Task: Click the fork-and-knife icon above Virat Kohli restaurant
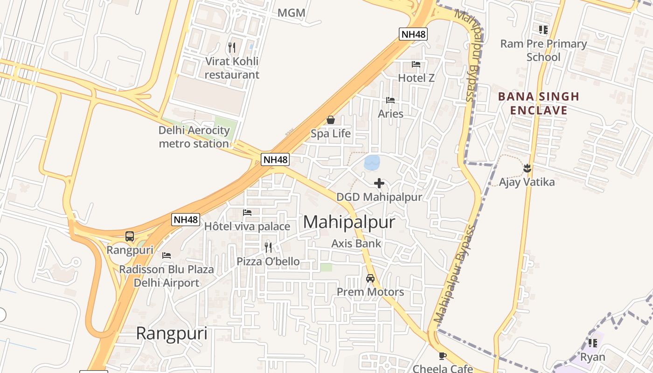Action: tap(232, 47)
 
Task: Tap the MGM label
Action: tap(292, 13)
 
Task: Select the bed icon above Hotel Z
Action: tap(416, 64)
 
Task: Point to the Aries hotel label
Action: tap(390, 113)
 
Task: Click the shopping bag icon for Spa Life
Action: tap(331, 120)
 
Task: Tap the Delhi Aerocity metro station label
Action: tap(194, 137)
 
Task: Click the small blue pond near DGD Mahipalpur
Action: tap(372, 163)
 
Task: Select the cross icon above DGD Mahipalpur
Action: tap(379, 183)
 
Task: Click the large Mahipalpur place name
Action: tap(349, 222)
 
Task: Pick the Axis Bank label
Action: tap(356, 243)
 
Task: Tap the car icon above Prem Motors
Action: tap(370, 278)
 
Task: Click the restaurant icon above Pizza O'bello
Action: tap(268, 247)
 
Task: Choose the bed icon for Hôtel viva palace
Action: tap(247, 213)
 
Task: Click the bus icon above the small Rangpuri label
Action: tap(130, 236)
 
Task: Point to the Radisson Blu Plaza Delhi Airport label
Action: tap(167, 276)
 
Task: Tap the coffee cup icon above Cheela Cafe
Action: tap(443, 356)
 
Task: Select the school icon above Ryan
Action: tap(593, 343)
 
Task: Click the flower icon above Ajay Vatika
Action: tap(527, 168)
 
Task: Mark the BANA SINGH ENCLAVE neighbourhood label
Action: tap(538, 104)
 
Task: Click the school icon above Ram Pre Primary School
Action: tap(543, 30)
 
